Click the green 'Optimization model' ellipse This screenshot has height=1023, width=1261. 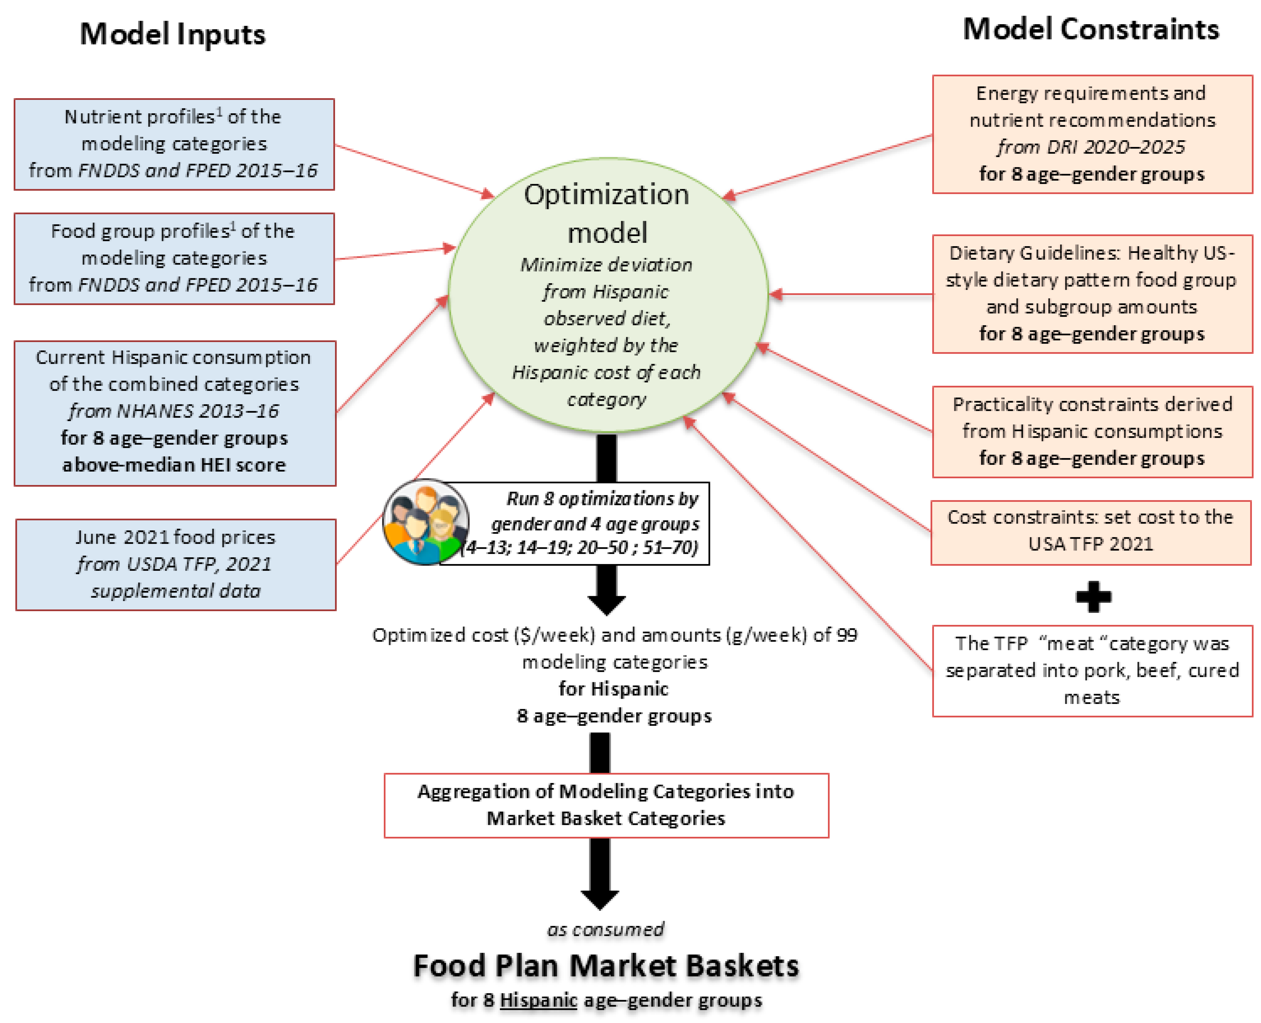click(x=607, y=295)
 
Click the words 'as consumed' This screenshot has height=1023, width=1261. click(x=606, y=929)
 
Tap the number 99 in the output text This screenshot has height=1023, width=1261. click(x=846, y=635)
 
